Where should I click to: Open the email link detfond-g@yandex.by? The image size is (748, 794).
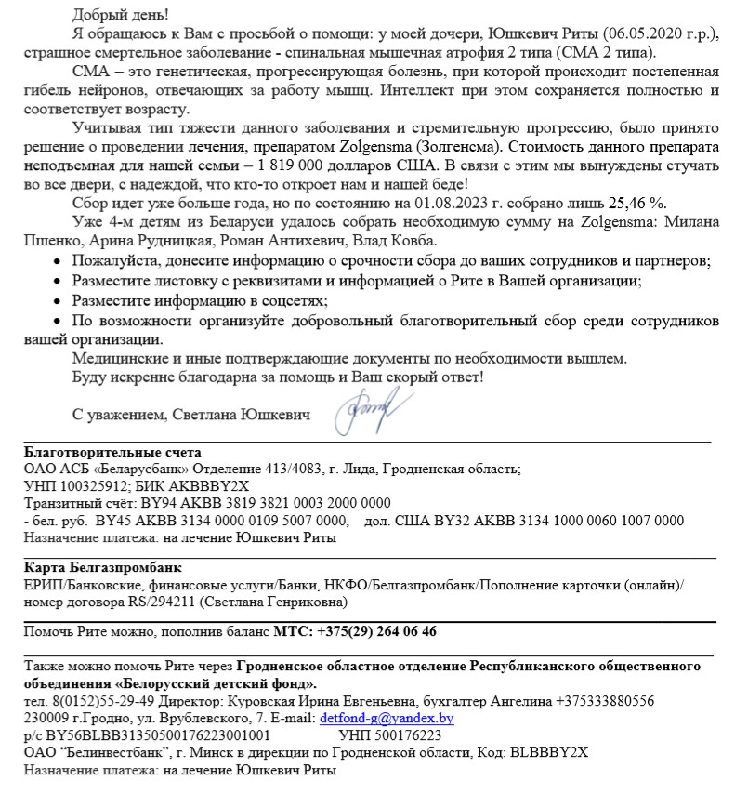[x=387, y=719]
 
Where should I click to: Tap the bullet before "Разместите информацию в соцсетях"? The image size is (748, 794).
[x=60, y=300]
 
